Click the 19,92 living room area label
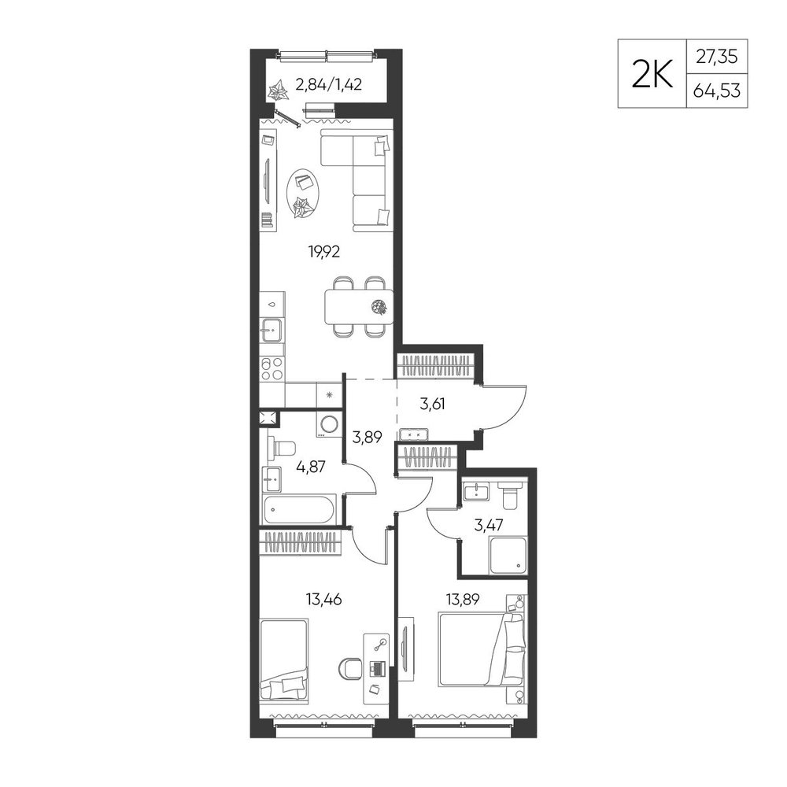(x=324, y=251)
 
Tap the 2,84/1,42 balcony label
(x=329, y=84)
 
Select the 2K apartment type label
(x=652, y=74)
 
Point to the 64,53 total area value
(x=717, y=91)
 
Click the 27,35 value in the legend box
(x=717, y=57)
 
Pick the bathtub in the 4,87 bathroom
(x=298, y=509)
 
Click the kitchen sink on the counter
(x=271, y=331)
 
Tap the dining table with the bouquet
(x=359, y=307)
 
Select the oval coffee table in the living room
(x=302, y=194)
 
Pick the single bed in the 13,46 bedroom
(x=283, y=659)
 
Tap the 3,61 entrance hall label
(x=433, y=404)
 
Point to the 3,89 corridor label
(x=368, y=437)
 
